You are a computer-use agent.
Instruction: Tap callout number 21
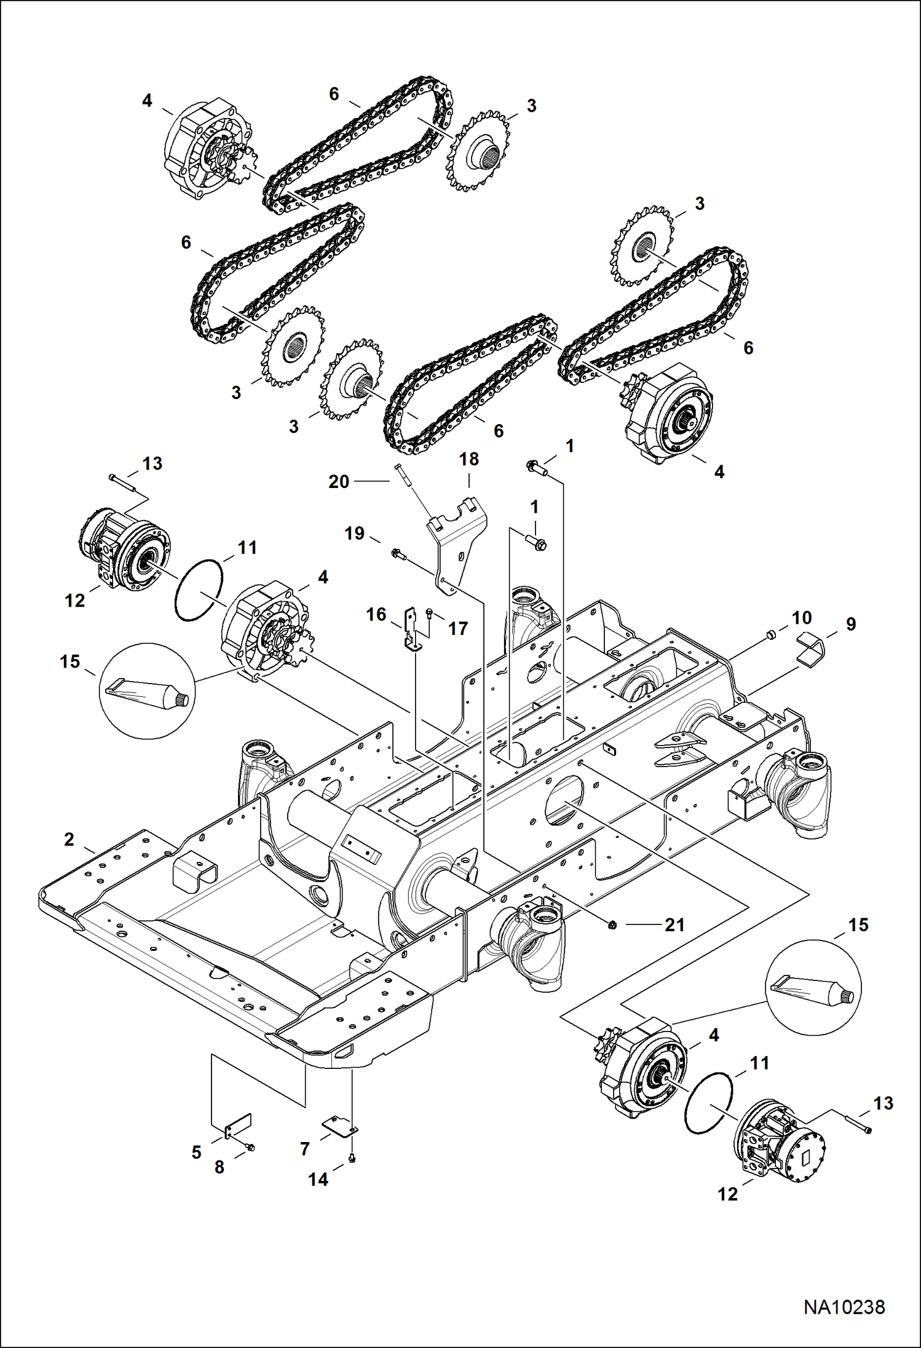pos(674,924)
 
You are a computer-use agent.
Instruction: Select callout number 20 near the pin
pos(339,481)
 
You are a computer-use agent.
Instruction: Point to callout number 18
pos(468,459)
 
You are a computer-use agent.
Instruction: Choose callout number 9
pos(851,624)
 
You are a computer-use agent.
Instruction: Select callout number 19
pos(354,533)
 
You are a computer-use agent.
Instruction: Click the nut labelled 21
pos(612,925)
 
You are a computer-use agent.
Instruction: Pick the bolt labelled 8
pos(250,1147)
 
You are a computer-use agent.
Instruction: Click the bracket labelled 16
pos(411,629)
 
